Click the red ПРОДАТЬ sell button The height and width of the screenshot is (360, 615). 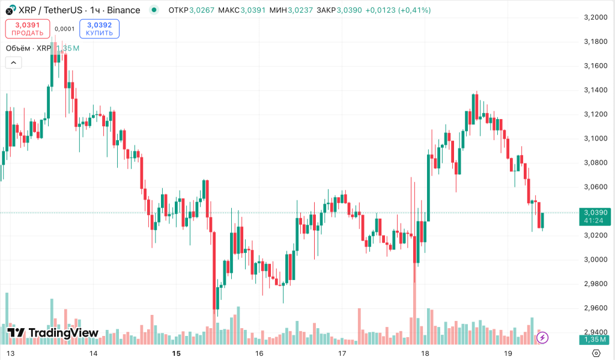[x=28, y=29]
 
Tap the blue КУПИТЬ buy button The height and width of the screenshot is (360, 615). [x=99, y=29]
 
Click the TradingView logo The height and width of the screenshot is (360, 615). [x=53, y=333]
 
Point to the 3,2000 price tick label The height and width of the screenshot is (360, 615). [x=595, y=17]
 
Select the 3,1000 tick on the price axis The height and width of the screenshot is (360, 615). [x=595, y=138]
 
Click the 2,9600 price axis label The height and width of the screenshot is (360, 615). [x=595, y=308]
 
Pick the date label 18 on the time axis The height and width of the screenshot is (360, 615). [x=425, y=353]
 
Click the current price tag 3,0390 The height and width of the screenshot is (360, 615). [x=595, y=212]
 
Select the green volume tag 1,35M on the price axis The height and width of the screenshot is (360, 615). [x=595, y=340]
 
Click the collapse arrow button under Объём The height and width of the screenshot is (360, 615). [x=13, y=63]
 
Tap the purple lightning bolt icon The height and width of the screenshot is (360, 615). [x=542, y=338]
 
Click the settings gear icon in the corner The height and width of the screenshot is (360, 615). [x=596, y=353]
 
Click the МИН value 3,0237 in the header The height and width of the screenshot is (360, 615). [x=300, y=10]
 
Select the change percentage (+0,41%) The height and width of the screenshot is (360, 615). [x=414, y=10]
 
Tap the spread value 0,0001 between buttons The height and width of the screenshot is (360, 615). [x=64, y=29]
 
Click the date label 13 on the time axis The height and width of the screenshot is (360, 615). [x=10, y=353]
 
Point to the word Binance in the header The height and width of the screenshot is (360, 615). [x=124, y=10]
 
